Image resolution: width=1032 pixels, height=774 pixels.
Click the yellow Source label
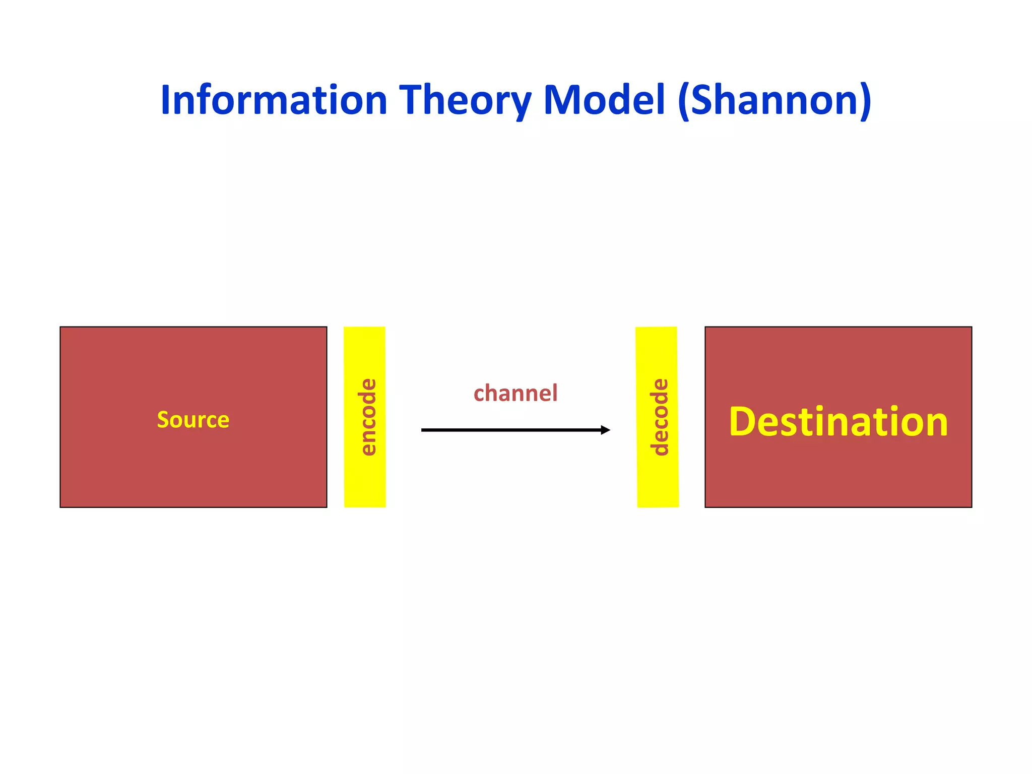193,419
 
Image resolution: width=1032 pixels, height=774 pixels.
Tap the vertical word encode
368,417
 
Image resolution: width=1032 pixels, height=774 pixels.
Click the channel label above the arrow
515,393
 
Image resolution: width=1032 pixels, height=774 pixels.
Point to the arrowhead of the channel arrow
606,430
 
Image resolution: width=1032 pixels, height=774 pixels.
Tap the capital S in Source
163,419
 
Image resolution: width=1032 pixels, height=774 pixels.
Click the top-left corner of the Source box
60,327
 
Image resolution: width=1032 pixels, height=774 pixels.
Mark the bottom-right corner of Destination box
971,507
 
